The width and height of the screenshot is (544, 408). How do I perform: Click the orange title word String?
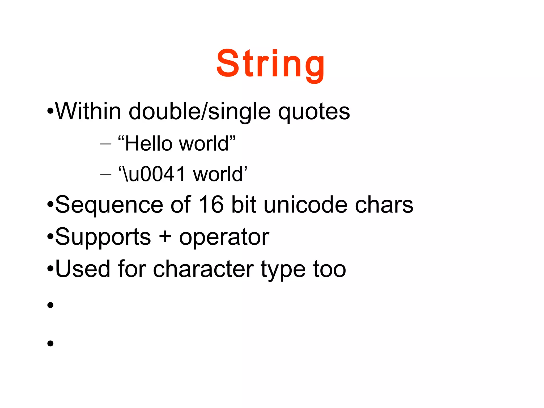tap(270, 64)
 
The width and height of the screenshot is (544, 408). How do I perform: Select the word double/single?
tap(199, 112)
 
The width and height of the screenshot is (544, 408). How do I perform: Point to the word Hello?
tap(148, 144)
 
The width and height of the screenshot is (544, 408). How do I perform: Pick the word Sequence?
tap(109, 205)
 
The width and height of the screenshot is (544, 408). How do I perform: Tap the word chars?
tap(384, 205)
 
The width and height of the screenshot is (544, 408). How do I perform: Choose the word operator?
tap(224, 237)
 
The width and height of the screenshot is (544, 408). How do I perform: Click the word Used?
tap(83, 269)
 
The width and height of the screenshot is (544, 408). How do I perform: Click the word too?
tap(329, 269)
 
